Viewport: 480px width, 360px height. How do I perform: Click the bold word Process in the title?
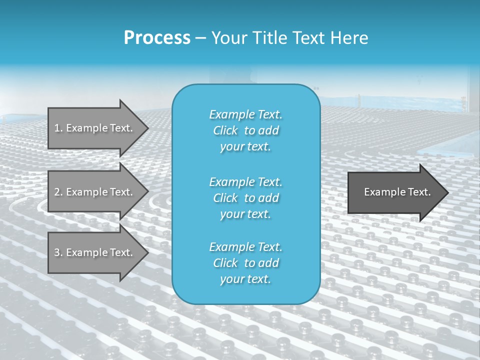[157, 38]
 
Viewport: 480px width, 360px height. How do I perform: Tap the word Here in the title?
[349, 38]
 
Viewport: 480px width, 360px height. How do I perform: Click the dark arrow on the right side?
[395, 192]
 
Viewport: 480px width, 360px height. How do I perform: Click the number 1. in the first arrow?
[58, 128]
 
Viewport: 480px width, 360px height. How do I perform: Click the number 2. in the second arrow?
[58, 192]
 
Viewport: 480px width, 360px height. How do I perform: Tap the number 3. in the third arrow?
[58, 252]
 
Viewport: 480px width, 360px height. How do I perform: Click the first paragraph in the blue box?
[246, 130]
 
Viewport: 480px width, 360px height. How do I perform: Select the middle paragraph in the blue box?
[246, 198]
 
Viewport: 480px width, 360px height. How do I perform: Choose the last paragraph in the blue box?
[246, 263]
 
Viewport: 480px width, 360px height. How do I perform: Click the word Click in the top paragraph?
[225, 130]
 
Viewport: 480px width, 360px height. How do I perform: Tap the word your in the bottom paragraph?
[231, 279]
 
